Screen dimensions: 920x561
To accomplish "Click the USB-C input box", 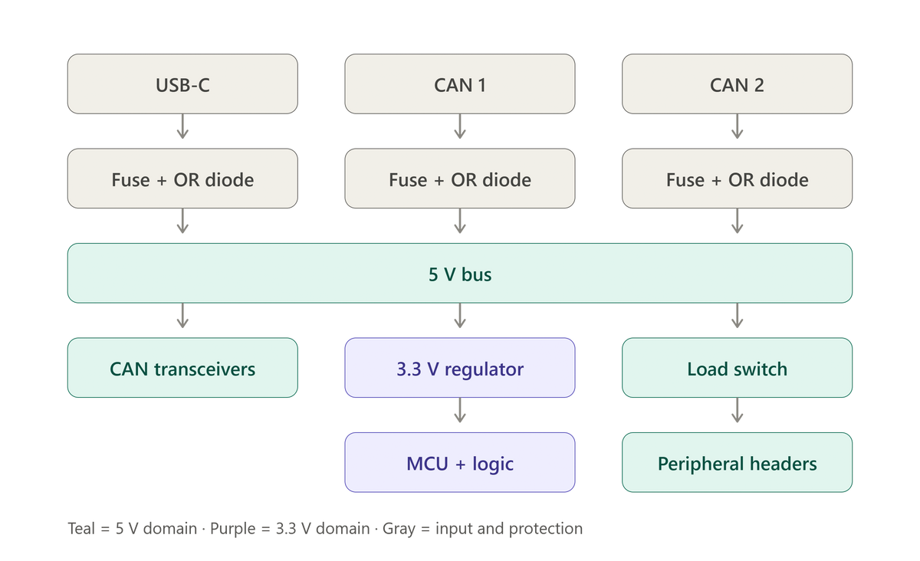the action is coord(182,84).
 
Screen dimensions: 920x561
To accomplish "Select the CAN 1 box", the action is coord(460,84).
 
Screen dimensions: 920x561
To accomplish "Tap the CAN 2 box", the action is coord(738,84).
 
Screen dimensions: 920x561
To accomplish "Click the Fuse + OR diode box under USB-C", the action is coord(182,179).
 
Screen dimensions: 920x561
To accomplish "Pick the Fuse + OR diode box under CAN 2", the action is coord(738,179).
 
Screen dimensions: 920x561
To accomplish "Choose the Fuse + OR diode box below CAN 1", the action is coord(460,179).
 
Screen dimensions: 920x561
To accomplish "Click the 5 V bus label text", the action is coord(460,274).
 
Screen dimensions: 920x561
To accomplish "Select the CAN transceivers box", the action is coord(182,368).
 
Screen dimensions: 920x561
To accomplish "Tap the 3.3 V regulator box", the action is coord(460,368).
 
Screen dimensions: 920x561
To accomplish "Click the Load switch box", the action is coord(738,368).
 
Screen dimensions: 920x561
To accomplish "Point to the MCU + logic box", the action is coord(460,462).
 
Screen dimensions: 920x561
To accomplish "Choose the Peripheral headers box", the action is coord(738,462).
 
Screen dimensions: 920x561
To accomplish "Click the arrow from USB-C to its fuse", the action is coord(182,126).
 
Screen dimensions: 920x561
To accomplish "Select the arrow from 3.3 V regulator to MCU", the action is coord(460,410).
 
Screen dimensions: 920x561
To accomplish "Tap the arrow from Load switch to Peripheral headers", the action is coord(738,410).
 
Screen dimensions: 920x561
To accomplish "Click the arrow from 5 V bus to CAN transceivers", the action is coord(182,316).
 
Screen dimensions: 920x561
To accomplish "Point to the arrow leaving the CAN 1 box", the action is coord(460,126).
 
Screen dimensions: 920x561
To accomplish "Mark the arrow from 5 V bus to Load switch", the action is coord(738,316).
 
